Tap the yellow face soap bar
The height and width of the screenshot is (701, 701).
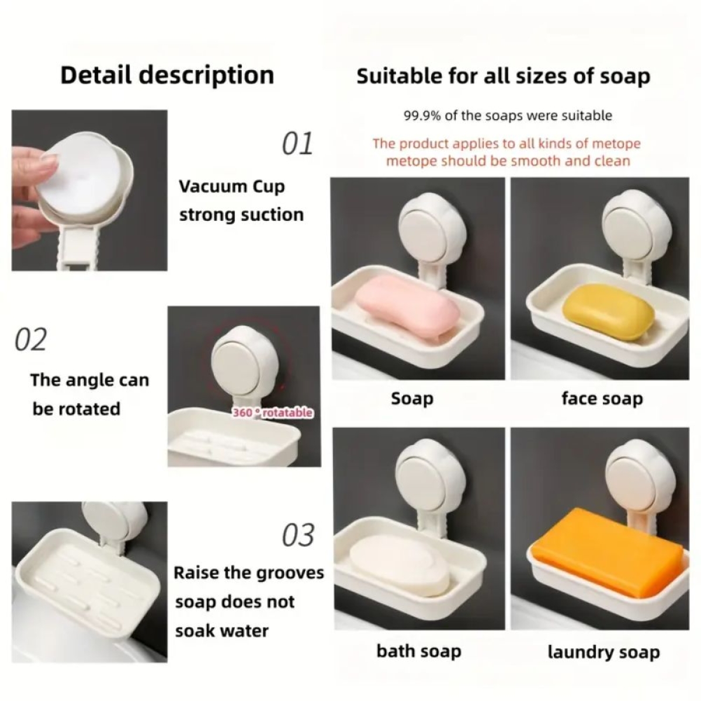coord(608,311)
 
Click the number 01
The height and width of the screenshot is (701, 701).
coord(297,144)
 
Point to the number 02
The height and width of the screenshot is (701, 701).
coord(31,340)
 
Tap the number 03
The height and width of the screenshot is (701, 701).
coord(298,536)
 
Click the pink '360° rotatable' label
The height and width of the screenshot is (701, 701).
coord(272,413)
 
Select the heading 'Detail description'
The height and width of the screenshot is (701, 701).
coord(167,75)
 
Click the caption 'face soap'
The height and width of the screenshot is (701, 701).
coord(602,399)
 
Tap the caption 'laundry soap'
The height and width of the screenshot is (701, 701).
coord(603,651)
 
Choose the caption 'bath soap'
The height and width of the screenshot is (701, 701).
coord(419,651)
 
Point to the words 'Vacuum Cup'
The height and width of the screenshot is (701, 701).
coord(232,187)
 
